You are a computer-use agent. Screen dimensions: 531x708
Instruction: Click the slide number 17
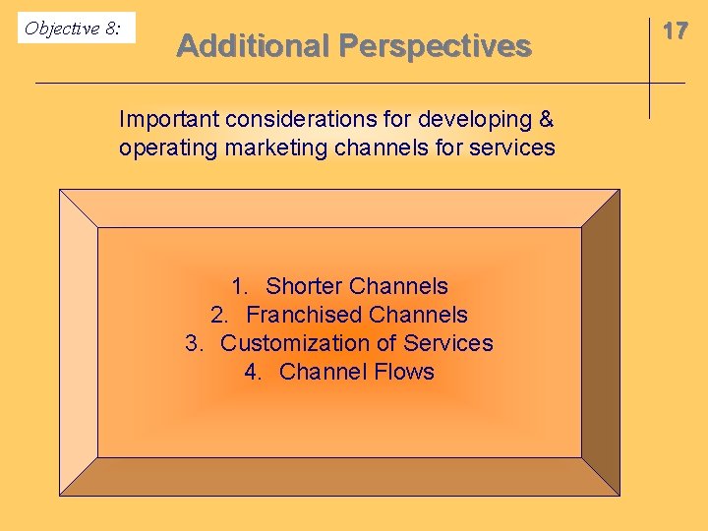pos(675,30)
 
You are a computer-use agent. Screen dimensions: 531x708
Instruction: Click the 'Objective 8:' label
pos(73,28)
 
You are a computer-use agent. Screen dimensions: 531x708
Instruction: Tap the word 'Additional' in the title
pos(253,46)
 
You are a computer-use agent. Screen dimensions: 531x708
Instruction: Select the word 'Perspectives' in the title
pos(435,46)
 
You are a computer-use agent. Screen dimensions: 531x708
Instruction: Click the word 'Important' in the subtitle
pos(168,120)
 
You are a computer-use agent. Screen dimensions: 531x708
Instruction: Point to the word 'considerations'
pos(306,120)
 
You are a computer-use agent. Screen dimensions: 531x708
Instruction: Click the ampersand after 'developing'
pos(546,120)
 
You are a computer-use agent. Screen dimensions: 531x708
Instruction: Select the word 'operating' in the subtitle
pos(162,148)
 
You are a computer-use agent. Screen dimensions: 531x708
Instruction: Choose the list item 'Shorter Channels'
pos(356,287)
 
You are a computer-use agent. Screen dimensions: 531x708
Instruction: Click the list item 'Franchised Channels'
pos(356,316)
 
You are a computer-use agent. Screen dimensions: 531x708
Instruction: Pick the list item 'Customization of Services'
pos(356,344)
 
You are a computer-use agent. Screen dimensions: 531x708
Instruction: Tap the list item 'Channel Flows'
pos(356,372)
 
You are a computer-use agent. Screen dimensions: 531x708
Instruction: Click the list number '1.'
pos(240,287)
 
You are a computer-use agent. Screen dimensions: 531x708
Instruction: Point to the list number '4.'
pos(254,372)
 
